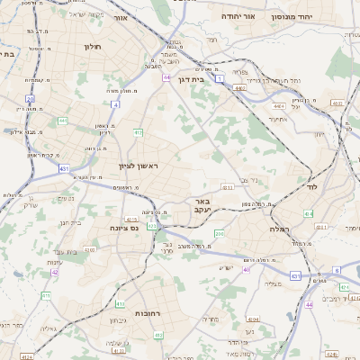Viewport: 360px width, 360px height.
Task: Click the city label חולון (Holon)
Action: pos(92,46)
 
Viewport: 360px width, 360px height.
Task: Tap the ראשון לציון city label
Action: pos(138,166)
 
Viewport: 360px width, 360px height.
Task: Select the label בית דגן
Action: pos(187,79)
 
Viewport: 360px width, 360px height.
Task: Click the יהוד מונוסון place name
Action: pos(317,16)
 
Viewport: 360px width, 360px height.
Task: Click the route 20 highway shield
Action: pos(30,99)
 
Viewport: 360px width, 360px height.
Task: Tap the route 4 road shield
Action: pos(116,103)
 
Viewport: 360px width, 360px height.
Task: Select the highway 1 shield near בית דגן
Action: pos(219,79)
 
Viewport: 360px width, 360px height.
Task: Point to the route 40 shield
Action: pos(245,269)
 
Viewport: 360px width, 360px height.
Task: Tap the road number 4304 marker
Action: pos(254,318)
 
